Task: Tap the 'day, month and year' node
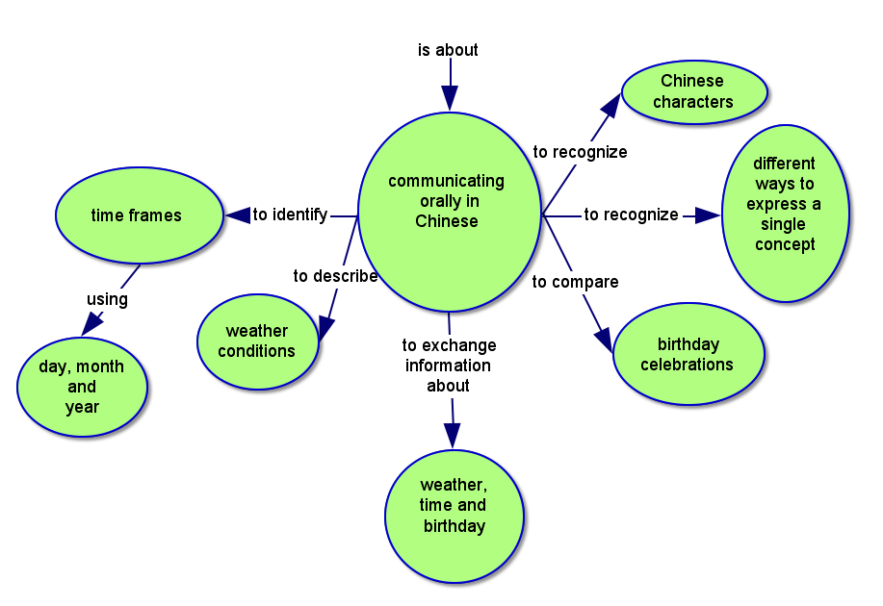pos(83,387)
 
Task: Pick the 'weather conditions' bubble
pos(257,341)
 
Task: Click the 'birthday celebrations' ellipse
pos(688,355)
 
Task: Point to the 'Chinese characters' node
pos(693,92)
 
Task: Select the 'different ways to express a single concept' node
pos(785,213)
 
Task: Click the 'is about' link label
pos(448,50)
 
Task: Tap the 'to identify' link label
pos(290,215)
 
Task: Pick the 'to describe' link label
pos(335,276)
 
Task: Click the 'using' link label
pos(107,299)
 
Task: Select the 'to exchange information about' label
pos(449,365)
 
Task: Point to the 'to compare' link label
pos(575,282)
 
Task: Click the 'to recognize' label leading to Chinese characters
pos(580,152)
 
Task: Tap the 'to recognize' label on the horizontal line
pos(631,215)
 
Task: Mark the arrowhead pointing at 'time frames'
pos(237,215)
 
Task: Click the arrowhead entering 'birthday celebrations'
pos(603,340)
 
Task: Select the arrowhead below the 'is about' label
pos(450,97)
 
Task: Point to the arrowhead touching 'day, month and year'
pos(91,324)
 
